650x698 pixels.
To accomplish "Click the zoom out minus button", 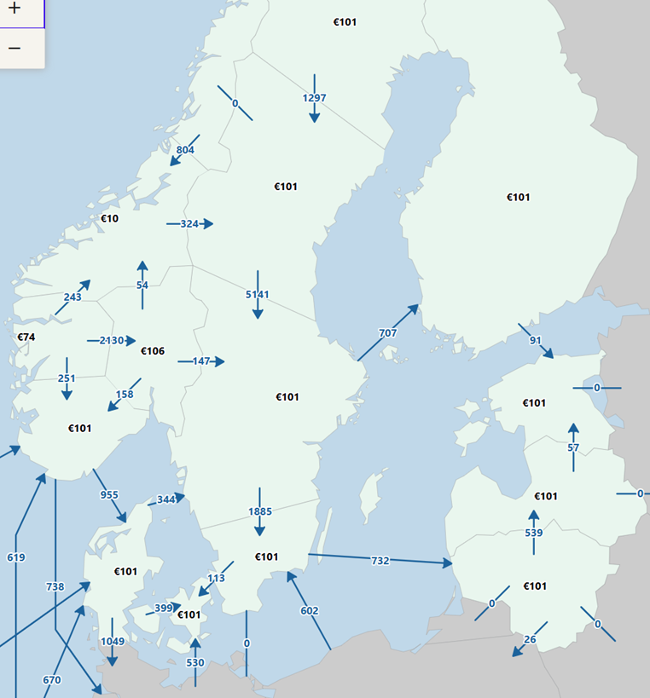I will (15, 48).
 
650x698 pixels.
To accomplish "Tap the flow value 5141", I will (258, 295).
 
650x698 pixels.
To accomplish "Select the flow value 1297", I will (315, 98).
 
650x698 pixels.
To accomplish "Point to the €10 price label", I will (110, 218).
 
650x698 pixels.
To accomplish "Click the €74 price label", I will (26, 337).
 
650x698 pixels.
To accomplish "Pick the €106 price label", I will (152, 351).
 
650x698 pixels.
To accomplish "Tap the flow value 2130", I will (112, 341).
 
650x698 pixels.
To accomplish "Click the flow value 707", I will (388, 332).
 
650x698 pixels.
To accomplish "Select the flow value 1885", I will (259, 511).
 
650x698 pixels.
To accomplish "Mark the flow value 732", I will (380, 560).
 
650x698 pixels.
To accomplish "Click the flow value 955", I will (109, 494).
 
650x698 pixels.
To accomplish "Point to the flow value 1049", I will (113, 641).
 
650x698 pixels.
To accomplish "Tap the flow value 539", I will (534, 534).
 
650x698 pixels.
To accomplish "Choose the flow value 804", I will (185, 150).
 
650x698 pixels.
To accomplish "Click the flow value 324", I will (189, 224).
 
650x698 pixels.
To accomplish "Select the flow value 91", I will (536, 341).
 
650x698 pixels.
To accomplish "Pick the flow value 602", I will (310, 610).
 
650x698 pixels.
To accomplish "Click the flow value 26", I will (530, 640).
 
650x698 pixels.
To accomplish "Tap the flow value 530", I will (195, 663).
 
